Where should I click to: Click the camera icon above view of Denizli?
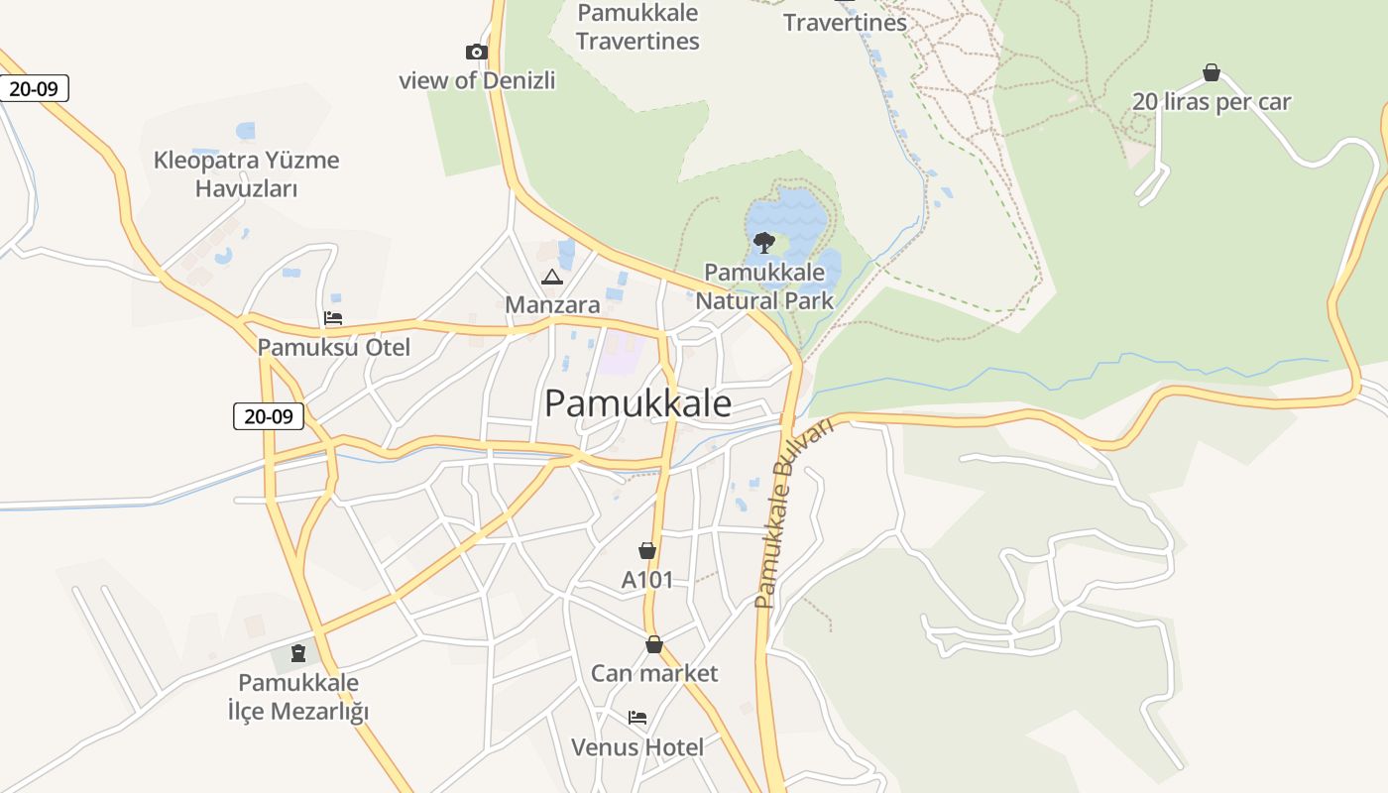pyautogui.click(x=477, y=52)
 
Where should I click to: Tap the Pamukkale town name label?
pyautogui.click(x=637, y=403)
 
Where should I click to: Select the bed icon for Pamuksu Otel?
pyautogui.click(x=333, y=318)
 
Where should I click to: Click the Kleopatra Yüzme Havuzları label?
pyautogui.click(x=246, y=173)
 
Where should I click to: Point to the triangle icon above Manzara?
pyautogui.click(x=552, y=277)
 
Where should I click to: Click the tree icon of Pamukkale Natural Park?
pyautogui.click(x=763, y=241)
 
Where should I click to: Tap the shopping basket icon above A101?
pyautogui.click(x=647, y=550)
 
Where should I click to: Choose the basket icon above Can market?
pyautogui.click(x=653, y=644)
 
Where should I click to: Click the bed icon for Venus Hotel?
pyautogui.click(x=637, y=718)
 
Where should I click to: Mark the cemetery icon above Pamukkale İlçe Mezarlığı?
pyautogui.click(x=297, y=653)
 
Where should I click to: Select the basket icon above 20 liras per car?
pyautogui.click(x=1211, y=72)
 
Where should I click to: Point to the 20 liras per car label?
pyautogui.click(x=1212, y=102)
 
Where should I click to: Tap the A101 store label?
pyautogui.click(x=646, y=580)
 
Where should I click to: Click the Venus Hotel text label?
pyautogui.click(x=637, y=746)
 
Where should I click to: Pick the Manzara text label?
pyautogui.click(x=552, y=304)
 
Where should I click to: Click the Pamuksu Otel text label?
pyautogui.click(x=333, y=347)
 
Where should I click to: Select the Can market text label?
pyautogui.click(x=653, y=673)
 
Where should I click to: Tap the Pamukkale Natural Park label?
pyautogui.click(x=764, y=285)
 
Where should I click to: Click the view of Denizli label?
pyautogui.click(x=477, y=80)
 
